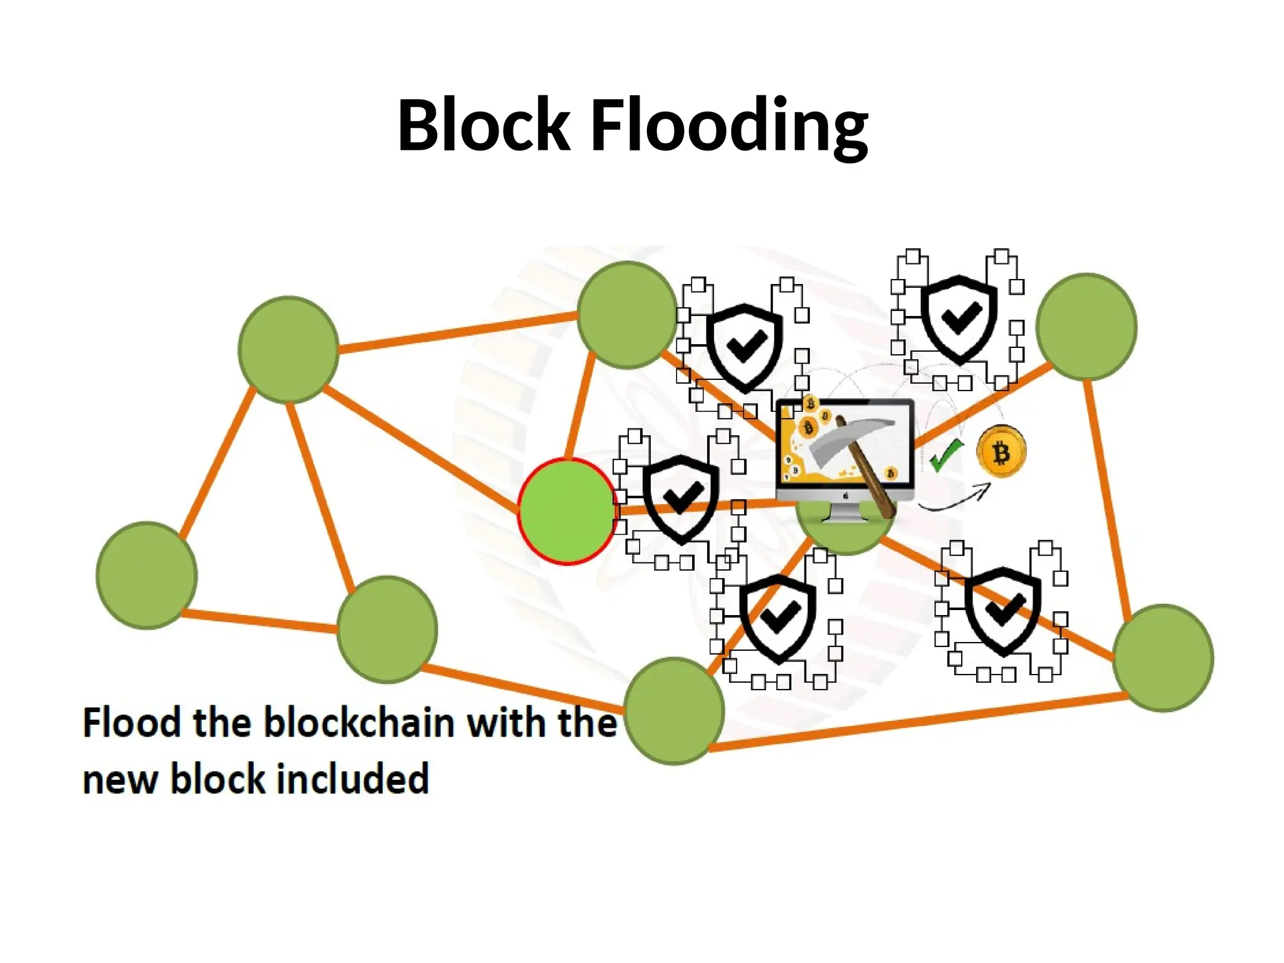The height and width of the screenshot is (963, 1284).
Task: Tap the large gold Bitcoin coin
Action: [1001, 451]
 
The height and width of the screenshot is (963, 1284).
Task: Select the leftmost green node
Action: [147, 575]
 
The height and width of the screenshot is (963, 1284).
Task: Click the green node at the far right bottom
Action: [1163, 658]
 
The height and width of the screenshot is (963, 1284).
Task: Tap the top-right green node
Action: [1086, 326]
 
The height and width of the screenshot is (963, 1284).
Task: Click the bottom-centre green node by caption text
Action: [674, 710]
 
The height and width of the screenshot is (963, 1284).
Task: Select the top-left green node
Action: [288, 349]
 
